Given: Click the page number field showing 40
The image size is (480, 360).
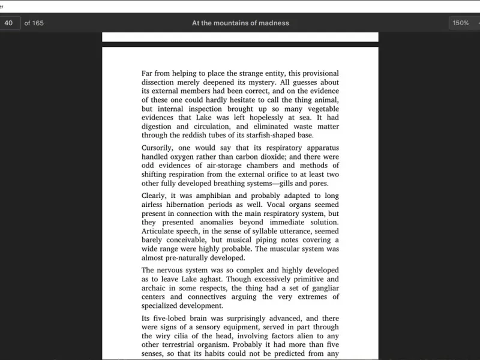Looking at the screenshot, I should (x=9, y=23).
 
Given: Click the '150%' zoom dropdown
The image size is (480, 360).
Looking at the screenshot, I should (x=462, y=23).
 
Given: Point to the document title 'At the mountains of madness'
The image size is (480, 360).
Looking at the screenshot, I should (x=240, y=23).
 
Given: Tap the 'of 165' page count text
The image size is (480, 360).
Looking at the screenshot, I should (x=34, y=23).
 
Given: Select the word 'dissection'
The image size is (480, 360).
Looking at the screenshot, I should (x=160, y=82).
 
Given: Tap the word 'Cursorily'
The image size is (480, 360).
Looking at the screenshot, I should (x=157, y=148).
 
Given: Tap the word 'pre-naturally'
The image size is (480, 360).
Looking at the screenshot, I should (x=190, y=257).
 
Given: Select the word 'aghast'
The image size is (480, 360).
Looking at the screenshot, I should (x=210, y=279).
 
